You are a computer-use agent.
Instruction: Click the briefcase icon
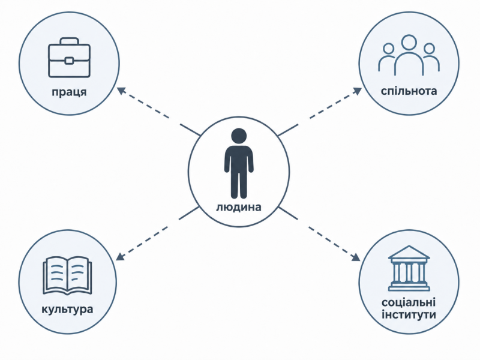pyautogui.click(x=69, y=58)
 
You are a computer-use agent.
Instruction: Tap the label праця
pyautogui.click(x=69, y=92)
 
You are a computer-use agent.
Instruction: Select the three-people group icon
pyautogui.click(x=409, y=55)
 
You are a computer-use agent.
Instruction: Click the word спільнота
pyautogui.click(x=409, y=91)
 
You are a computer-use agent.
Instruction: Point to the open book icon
pyautogui.click(x=67, y=275)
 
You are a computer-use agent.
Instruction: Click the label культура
pyautogui.click(x=67, y=309)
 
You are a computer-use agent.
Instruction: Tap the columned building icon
pyautogui.click(x=409, y=268)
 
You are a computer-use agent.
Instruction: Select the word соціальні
pyautogui.click(x=409, y=302)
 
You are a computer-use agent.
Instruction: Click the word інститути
pyautogui.click(x=409, y=314)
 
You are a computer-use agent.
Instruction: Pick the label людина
pyautogui.click(x=239, y=207)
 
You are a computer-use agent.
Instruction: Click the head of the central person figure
pyautogui.click(x=239, y=136)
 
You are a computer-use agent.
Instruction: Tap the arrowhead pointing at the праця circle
pyautogui.click(x=121, y=91)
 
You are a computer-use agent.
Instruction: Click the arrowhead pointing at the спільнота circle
pyautogui.click(x=357, y=91)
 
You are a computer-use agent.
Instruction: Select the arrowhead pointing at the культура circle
pyautogui.click(x=120, y=256)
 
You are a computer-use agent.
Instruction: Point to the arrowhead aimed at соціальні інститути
pyautogui.click(x=356, y=257)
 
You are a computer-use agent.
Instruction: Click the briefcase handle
pyautogui.click(x=69, y=41)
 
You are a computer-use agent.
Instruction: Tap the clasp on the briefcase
pyautogui.click(x=69, y=61)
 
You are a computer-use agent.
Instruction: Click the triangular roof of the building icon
pyautogui.click(x=409, y=253)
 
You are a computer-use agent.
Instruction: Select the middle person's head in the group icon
pyautogui.click(x=409, y=43)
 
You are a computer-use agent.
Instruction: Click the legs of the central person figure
pyautogui.click(x=239, y=184)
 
